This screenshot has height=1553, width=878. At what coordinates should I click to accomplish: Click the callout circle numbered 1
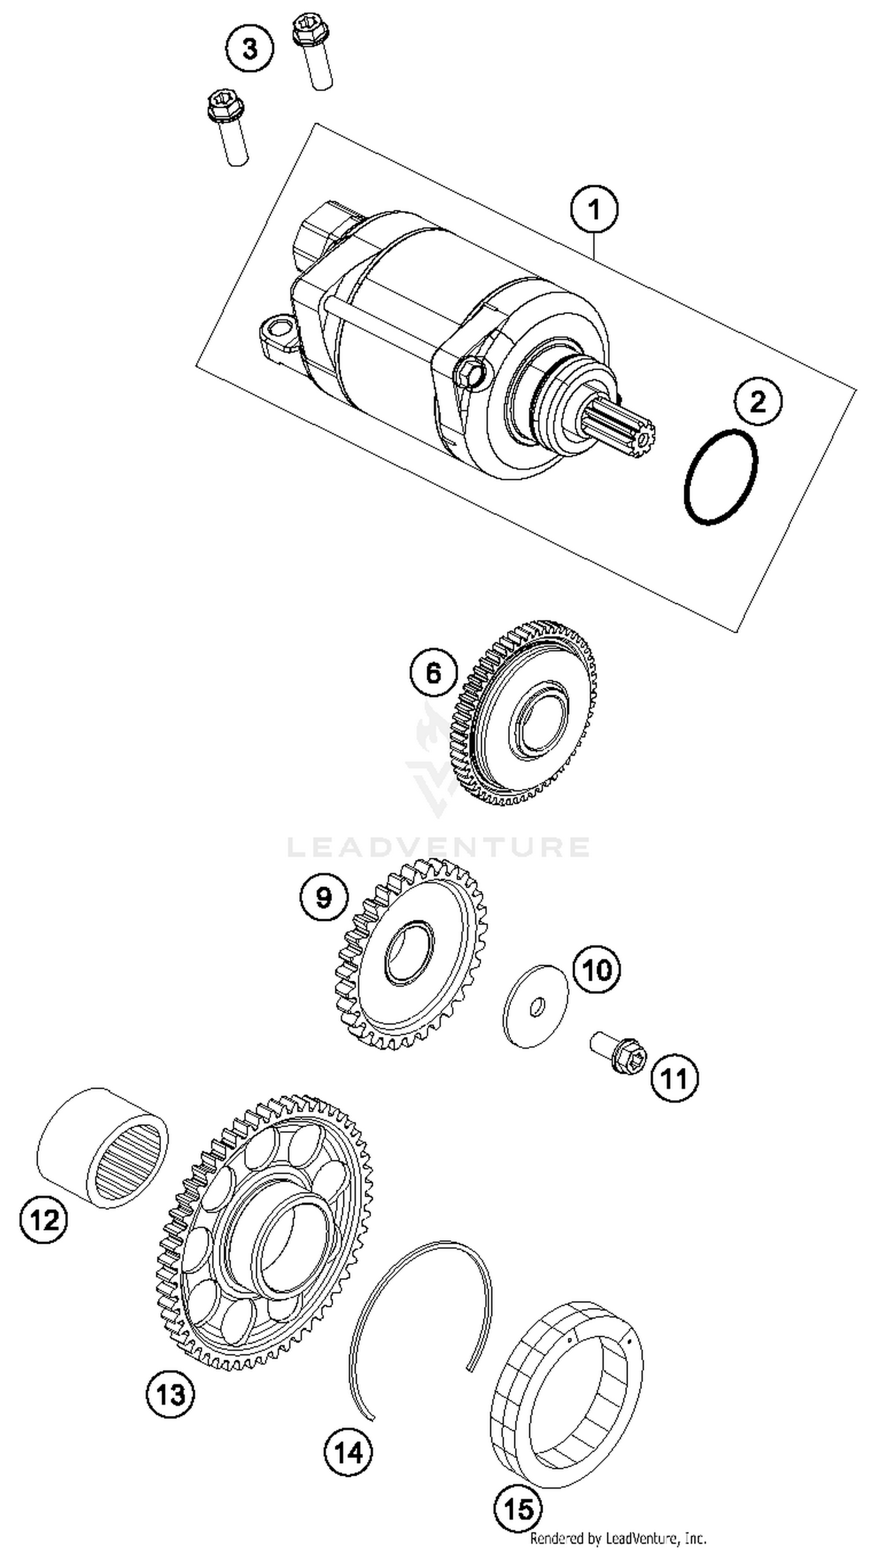click(594, 210)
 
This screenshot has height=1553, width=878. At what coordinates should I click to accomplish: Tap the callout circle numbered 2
click(758, 401)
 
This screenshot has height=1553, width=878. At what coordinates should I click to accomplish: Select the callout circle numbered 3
click(250, 48)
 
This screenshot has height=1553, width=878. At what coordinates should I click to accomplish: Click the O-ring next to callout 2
click(721, 477)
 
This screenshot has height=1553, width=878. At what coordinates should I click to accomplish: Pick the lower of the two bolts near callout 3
click(228, 128)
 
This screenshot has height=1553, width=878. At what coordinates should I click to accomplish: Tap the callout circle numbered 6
click(434, 673)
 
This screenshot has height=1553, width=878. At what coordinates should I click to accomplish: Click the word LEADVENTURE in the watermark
click(438, 847)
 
